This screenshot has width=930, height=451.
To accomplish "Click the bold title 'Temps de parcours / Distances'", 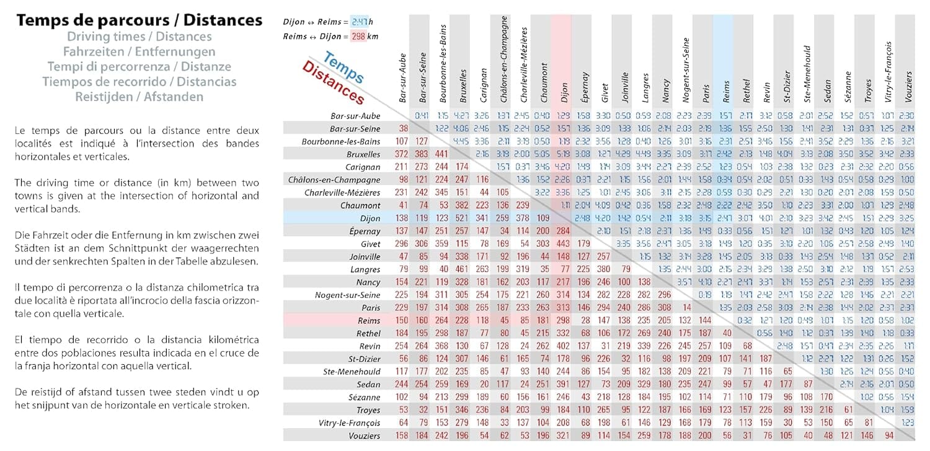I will (139, 20).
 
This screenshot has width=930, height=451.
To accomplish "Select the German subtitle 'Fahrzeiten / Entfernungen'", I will (139, 51).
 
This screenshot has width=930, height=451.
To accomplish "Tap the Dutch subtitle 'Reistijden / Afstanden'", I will (139, 97).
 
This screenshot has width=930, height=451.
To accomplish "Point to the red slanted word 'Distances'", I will (334, 84).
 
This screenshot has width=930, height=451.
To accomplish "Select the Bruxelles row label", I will (365, 154).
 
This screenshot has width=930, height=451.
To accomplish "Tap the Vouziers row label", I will (363, 436).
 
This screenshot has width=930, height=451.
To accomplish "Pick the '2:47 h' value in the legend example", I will (363, 22).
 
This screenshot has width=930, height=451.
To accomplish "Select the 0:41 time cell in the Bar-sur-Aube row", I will (422, 115).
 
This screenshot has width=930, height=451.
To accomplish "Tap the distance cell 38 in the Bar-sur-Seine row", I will (404, 128).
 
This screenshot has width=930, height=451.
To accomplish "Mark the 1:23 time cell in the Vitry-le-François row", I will (906, 423).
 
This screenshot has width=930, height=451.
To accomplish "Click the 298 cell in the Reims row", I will (562, 320).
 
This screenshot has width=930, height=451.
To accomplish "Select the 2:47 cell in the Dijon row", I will (724, 218).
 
